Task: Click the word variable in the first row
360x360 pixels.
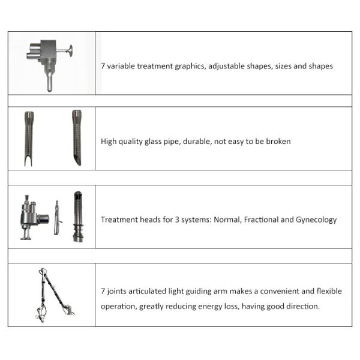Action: click(x=121, y=66)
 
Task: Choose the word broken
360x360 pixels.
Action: click(x=278, y=142)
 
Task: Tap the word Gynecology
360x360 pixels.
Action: click(x=316, y=220)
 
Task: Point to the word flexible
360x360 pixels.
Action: click(x=327, y=291)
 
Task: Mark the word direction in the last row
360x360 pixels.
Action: click(x=302, y=307)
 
